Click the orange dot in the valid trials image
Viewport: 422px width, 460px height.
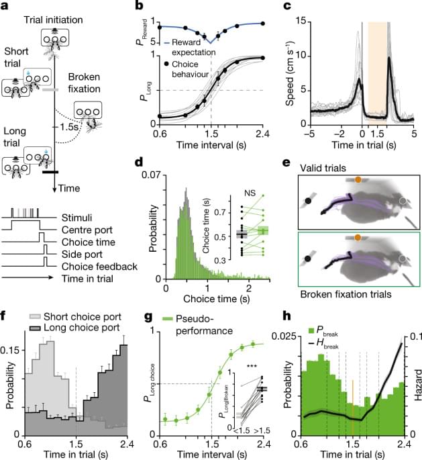[358, 179]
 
